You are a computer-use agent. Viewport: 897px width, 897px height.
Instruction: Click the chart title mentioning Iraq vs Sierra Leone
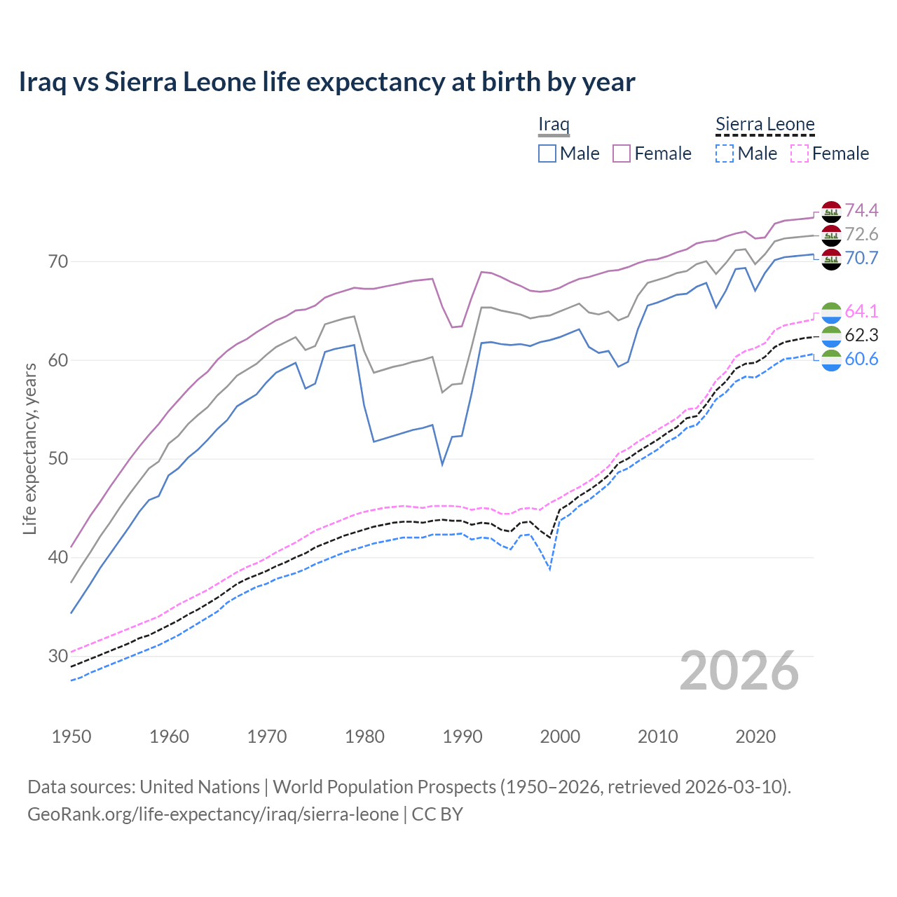pos(327,82)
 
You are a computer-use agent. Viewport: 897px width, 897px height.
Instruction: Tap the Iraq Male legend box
pos(547,153)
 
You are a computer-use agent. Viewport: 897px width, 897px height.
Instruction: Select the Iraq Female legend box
pos(622,153)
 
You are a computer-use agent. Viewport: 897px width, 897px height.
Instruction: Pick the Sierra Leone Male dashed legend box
pos(725,153)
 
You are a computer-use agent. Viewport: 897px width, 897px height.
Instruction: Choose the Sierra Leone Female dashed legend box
pos(799,153)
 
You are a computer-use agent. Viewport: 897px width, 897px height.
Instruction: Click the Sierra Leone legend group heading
pos(765,125)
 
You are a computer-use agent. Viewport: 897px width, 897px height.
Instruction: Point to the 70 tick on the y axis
pos(58,262)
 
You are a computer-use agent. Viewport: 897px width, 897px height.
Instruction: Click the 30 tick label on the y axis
pos(58,657)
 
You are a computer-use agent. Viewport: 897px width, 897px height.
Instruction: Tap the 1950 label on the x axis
pos(71,737)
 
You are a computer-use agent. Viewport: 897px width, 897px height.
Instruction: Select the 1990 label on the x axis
pos(463,737)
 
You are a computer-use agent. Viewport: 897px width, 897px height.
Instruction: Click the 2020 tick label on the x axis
pos(755,737)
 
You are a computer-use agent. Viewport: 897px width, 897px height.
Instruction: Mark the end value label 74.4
pos(861,210)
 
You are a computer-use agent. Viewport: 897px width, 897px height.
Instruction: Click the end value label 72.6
pos(861,234)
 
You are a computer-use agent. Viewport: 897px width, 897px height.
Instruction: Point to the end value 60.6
pos(861,359)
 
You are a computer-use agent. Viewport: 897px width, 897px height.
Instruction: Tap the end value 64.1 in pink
pos(861,311)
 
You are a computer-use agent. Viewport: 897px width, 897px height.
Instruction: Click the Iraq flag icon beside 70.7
pos(831,259)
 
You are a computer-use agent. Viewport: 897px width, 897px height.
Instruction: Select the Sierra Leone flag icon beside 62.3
pos(831,336)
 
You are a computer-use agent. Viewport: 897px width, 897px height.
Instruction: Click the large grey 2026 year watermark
pos(739,671)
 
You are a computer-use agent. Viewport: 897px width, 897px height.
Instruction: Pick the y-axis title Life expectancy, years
pos(30,448)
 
